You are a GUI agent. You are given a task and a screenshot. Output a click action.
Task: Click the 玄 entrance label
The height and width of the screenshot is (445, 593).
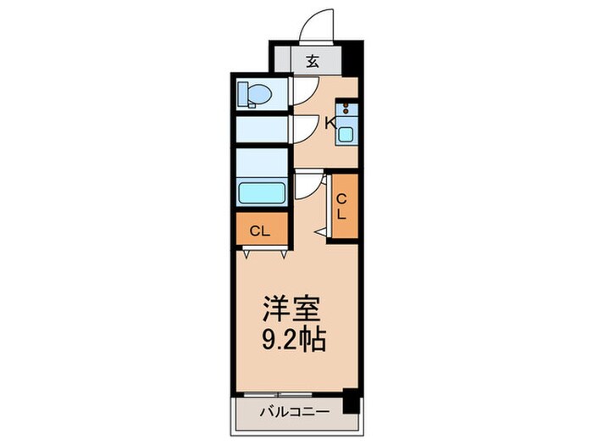[x=311, y=61]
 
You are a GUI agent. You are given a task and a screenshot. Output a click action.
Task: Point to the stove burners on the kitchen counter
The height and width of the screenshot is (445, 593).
[x=347, y=109]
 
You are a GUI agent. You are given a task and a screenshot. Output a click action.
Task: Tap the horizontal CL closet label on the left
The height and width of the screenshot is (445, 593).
[x=260, y=230]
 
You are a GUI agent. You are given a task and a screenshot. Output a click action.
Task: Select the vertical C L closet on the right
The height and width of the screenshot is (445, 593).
[x=342, y=206]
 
